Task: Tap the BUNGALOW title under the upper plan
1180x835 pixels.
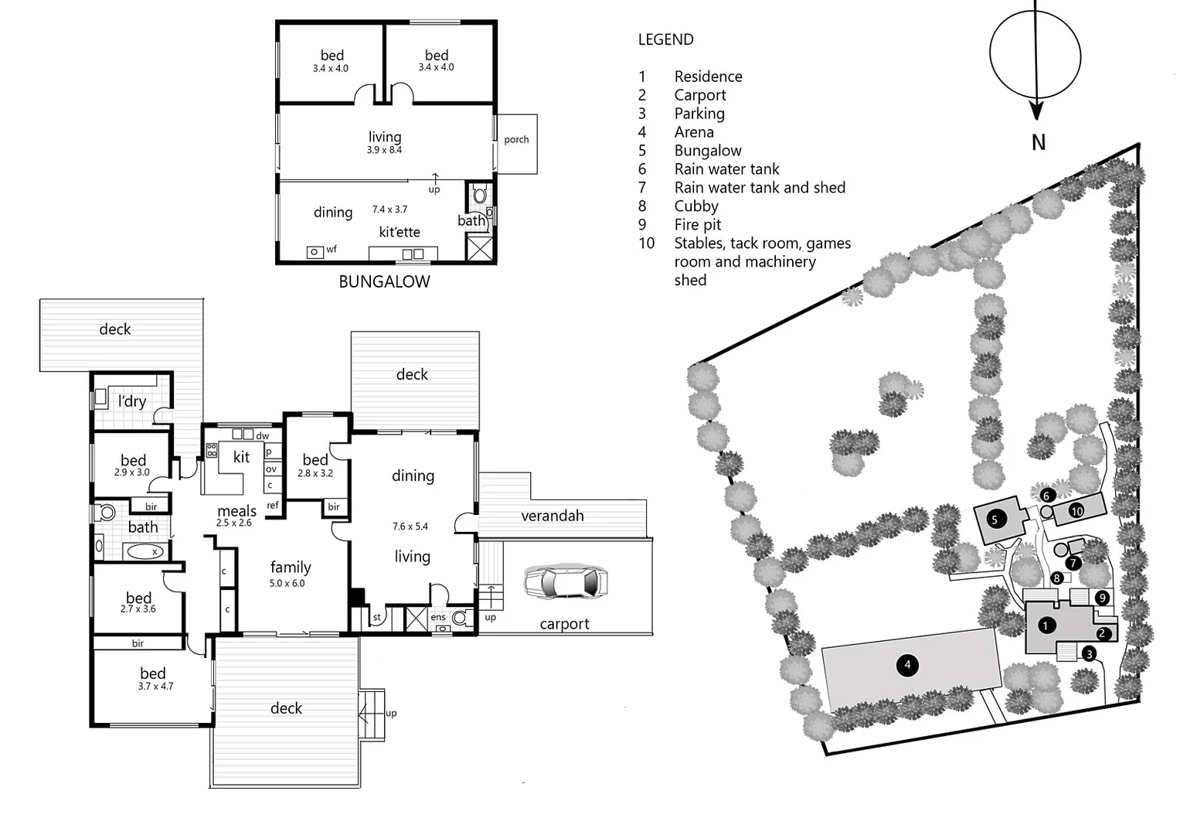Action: [x=384, y=281]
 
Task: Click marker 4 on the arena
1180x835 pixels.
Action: [x=907, y=664]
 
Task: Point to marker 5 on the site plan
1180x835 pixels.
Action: [x=995, y=519]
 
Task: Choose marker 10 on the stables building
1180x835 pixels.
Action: [x=1077, y=511]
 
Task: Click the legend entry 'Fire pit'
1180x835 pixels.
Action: [x=698, y=225]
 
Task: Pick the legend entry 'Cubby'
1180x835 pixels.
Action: [x=696, y=206]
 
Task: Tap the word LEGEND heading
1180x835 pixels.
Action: [x=665, y=39]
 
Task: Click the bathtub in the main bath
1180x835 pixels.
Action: [x=145, y=551]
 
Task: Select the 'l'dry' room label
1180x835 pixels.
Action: [x=131, y=401]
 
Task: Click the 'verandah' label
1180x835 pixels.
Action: [x=552, y=516]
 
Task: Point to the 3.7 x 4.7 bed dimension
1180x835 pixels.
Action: [x=155, y=687]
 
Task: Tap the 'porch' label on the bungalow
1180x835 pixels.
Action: [x=516, y=140]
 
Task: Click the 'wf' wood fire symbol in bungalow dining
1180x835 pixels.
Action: [x=315, y=251]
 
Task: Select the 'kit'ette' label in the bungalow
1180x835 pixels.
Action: [x=400, y=232]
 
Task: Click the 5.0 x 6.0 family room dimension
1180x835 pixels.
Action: [x=287, y=584]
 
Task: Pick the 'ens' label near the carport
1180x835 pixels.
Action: [x=438, y=617]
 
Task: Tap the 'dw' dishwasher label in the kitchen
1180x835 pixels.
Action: [x=263, y=436]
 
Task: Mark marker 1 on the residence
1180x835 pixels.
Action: [x=1046, y=625]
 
